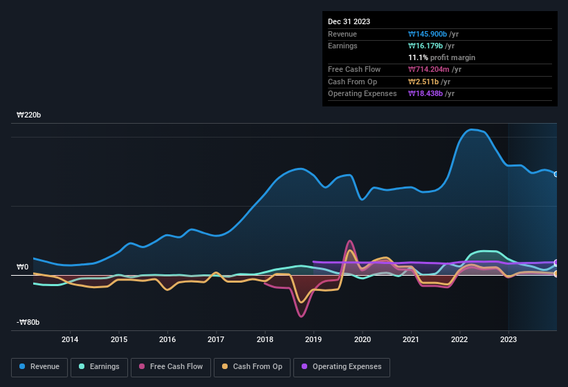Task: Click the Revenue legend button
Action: click(x=39, y=367)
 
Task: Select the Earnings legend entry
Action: click(x=98, y=367)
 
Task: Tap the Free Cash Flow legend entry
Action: click(x=170, y=367)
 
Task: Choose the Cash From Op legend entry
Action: click(x=253, y=367)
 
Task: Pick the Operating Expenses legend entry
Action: click(x=342, y=367)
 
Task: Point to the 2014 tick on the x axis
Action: click(x=70, y=339)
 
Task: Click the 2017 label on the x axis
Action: click(x=216, y=339)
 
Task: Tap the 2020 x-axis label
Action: click(x=362, y=339)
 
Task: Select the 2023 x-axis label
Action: click(x=508, y=339)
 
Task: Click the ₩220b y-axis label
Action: click(x=28, y=115)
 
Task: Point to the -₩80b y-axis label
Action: click(x=28, y=322)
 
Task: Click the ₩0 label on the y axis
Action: click(x=22, y=267)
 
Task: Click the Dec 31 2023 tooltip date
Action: click(x=349, y=21)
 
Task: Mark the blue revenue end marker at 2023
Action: click(x=556, y=174)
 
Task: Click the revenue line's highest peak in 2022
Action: click(x=474, y=129)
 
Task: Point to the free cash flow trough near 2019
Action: click(x=301, y=317)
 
